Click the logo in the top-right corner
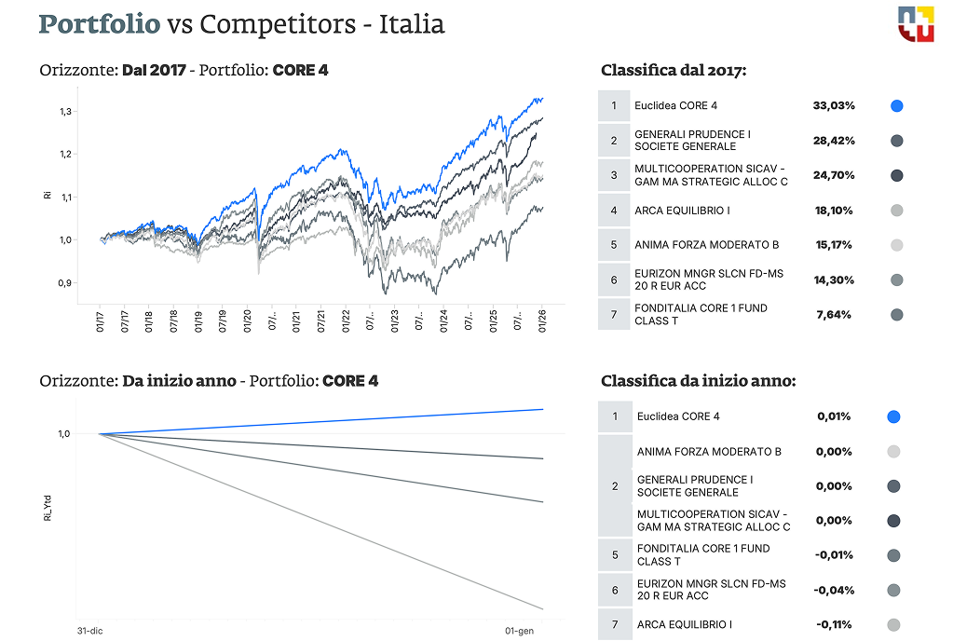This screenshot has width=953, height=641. tap(915, 23)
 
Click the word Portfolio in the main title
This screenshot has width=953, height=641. tap(100, 23)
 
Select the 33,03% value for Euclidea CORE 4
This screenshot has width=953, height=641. tap(834, 105)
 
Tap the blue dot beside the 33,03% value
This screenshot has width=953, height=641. tap(896, 105)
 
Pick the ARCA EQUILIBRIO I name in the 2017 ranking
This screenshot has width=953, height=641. tap(682, 211)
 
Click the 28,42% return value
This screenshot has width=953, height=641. tap(834, 141)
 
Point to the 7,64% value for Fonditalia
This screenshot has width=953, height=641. tap(834, 315)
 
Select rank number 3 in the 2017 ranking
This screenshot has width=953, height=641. tap(614, 175)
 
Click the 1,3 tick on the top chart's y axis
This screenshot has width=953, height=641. tap(66, 112)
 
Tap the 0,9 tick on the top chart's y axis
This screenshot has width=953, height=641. tap(66, 283)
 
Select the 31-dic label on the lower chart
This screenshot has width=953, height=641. tap(88, 631)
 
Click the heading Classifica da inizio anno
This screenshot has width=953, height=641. tap(698, 380)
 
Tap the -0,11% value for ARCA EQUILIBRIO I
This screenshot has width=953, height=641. tap(833, 624)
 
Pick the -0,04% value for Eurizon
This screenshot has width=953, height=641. tap(833, 590)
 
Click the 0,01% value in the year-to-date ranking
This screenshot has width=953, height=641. tap(833, 416)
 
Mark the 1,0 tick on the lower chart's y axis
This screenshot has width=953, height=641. tap(64, 434)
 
